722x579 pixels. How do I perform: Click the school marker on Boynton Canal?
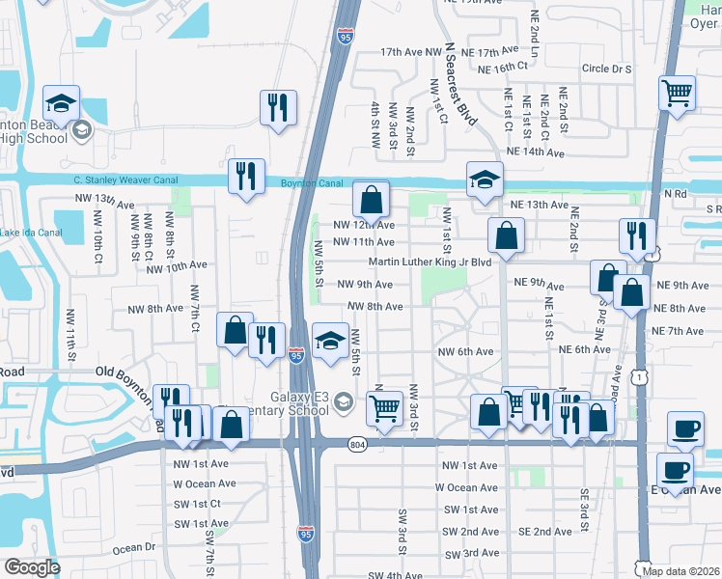tap(485, 179)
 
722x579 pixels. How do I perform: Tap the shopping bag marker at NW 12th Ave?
tap(371, 200)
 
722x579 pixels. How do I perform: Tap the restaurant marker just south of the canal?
tap(245, 177)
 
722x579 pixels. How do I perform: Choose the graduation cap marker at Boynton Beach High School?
tap(62, 103)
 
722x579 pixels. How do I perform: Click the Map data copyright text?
tap(680, 570)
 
